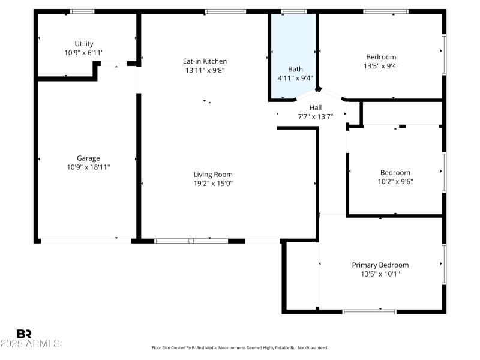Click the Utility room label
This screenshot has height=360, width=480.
click(x=84, y=44)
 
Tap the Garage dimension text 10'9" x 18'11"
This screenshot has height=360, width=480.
click(x=88, y=167)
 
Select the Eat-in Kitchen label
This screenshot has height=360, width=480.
click(x=205, y=61)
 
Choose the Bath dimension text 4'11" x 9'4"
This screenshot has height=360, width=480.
click(x=295, y=78)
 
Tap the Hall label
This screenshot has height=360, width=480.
click(x=316, y=108)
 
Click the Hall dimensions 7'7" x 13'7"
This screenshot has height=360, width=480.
click(x=316, y=117)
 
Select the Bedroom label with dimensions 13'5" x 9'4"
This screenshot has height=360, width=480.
click(x=380, y=57)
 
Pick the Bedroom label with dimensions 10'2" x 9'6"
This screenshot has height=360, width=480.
click(x=395, y=172)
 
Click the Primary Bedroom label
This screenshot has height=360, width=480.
click(x=380, y=265)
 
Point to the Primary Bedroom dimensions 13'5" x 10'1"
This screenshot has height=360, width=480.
click(x=380, y=274)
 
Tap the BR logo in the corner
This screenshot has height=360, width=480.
click(x=24, y=334)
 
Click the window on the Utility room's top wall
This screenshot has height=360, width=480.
click(x=82, y=11)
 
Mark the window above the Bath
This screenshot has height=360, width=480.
click(x=293, y=11)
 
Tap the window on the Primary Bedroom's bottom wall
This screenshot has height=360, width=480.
click(x=369, y=311)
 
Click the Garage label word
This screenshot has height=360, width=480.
click(x=88, y=158)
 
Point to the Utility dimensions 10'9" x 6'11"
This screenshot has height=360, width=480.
click(x=84, y=53)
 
